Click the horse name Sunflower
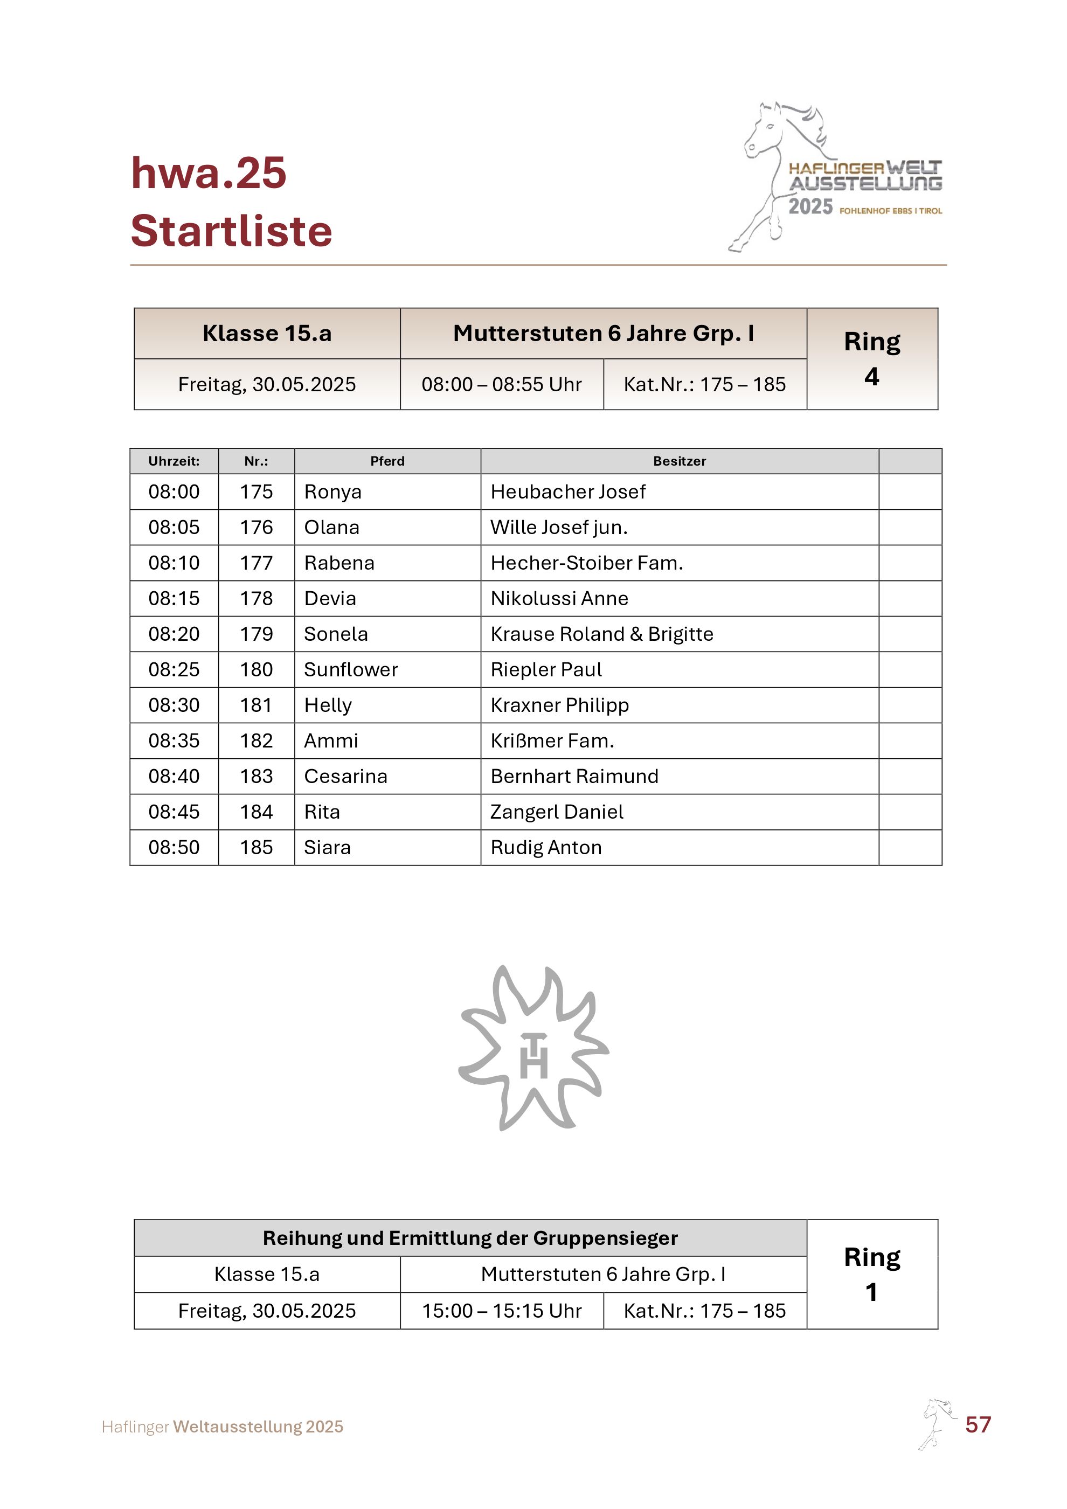351,670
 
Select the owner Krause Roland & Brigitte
601,634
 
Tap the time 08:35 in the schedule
174,740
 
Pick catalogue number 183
256,776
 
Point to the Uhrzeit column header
174,461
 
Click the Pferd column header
387,461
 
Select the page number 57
978,1424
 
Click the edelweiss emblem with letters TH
533,1047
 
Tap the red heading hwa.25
209,174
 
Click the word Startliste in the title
231,231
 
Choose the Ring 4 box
871,359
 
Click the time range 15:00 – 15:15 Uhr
501,1311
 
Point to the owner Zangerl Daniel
557,812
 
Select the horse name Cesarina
345,776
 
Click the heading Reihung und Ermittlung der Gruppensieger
470,1238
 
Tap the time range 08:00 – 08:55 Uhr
501,384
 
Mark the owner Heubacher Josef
567,492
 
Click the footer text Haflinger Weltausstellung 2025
223,1427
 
